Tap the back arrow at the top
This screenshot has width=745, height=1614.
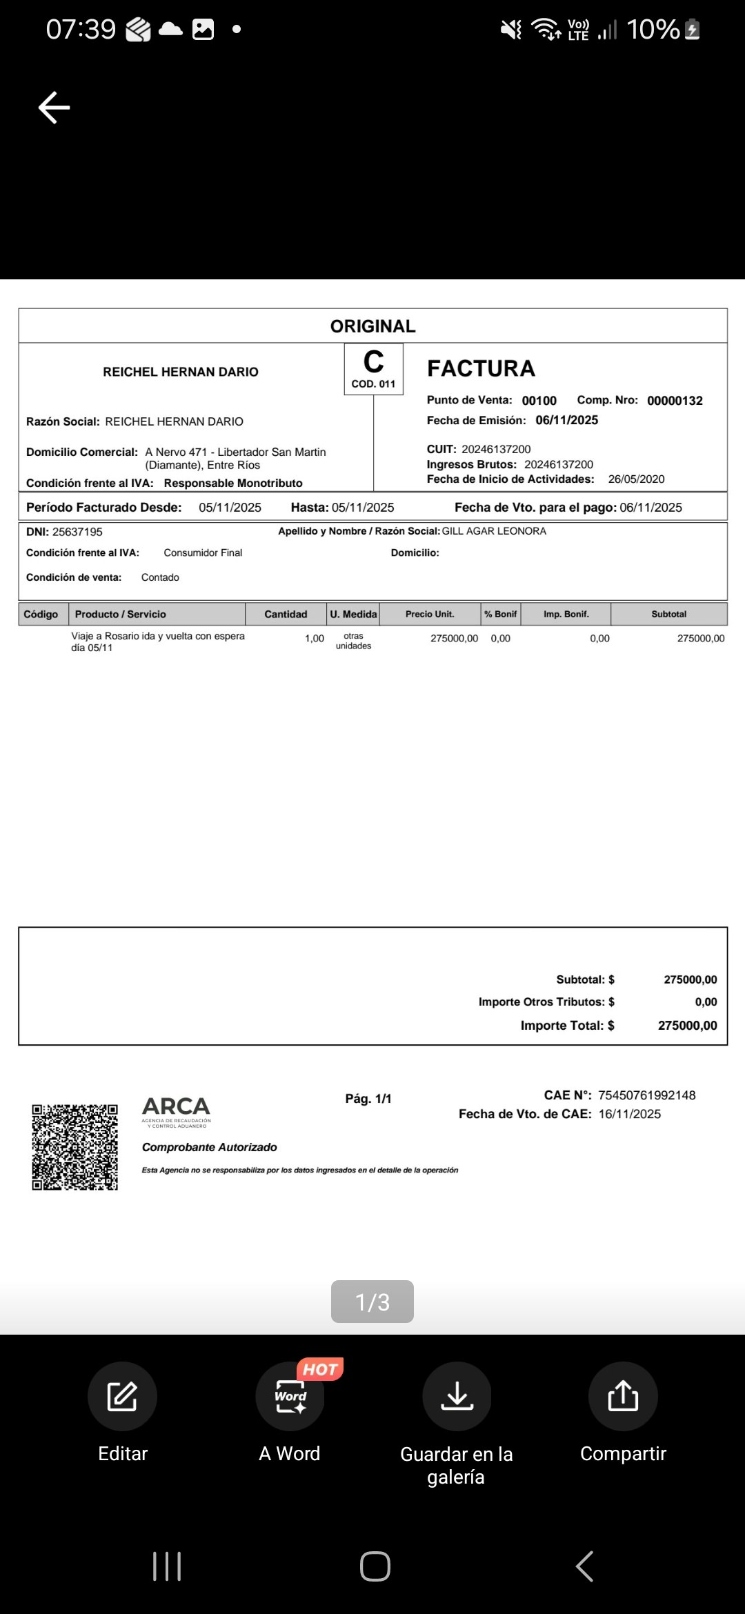[x=54, y=108]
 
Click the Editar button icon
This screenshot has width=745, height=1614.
[x=122, y=1396]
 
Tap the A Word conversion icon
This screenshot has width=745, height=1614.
[x=290, y=1396]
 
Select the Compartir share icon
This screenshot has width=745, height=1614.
[x=623, y=1396]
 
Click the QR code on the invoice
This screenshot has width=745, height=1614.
[x=74, y=1147]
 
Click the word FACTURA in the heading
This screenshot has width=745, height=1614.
[x=481, y=368]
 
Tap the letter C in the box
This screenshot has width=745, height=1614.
[x=373, y=362]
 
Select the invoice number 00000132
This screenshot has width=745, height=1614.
[x=675, y=401]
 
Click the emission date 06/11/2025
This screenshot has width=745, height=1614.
[x=566, y=420]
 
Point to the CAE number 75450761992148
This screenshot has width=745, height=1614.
[x=646, y=1095]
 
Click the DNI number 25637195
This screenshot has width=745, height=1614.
[x=77, y=532]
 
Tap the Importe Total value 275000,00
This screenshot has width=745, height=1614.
[x=687, y=1026]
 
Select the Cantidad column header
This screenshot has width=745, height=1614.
[x=286, y=614]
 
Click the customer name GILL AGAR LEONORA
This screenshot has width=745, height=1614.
[x=494, y=531]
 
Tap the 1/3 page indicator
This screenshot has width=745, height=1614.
[x=372, y=1302]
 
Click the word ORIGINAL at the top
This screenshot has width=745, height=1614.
[x=372, y=326]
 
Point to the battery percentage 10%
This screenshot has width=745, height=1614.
[x=653, y=29]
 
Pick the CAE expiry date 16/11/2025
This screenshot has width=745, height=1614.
[x=629, y=1114]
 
